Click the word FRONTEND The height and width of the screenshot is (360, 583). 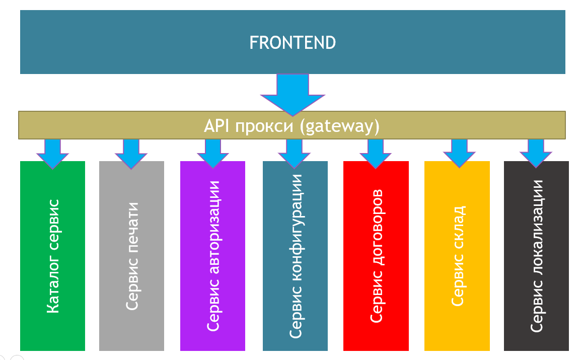coord(293,43)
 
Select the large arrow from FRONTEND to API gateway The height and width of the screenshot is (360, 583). coord(293,95)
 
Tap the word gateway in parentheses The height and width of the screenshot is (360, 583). coord(339,126)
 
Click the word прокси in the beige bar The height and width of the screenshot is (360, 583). coord(264,126)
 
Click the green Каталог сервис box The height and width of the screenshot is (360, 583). coord(52,256)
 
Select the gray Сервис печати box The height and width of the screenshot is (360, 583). coord(131,256)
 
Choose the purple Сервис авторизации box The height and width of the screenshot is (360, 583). coord(212,256)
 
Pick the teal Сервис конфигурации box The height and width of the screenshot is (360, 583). coord(295,256)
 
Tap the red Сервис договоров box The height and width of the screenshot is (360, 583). coord(376,256)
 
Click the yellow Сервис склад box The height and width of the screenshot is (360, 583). coord(457,256)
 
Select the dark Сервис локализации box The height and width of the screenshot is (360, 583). coord(536,256)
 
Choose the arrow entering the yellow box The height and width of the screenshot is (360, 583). coord(459,154)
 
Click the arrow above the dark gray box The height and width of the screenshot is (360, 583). coord(536,154)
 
